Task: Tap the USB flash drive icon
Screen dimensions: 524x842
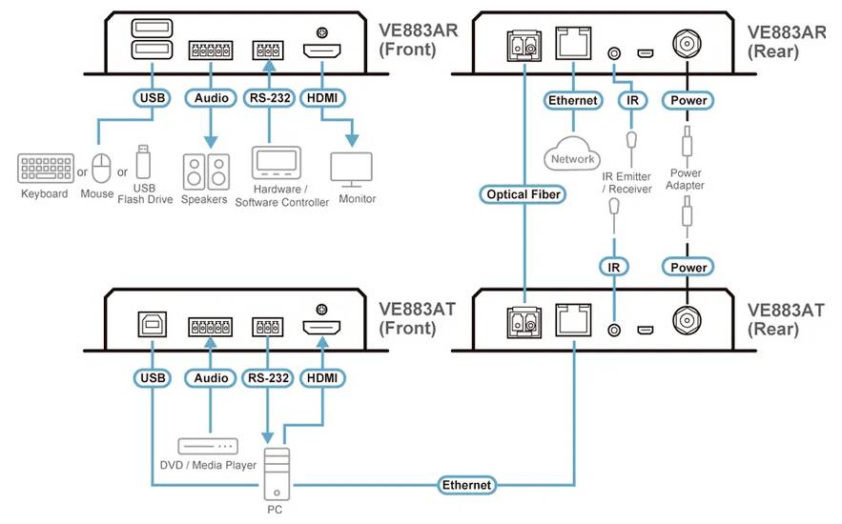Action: (144, 162)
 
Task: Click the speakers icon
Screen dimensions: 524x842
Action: (207, 171)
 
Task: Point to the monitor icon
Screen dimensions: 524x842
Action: (351, 168)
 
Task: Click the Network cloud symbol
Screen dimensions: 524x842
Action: (572, 157)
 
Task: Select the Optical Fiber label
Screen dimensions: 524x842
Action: (524, 194)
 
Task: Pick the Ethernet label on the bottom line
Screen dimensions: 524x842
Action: (466, 485)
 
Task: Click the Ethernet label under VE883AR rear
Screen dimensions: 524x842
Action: (572, 99)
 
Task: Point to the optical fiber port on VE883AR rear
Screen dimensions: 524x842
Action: (524, 44)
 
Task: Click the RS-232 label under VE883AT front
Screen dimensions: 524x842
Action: (268, 378)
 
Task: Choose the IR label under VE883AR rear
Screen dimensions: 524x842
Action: (630, 99)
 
